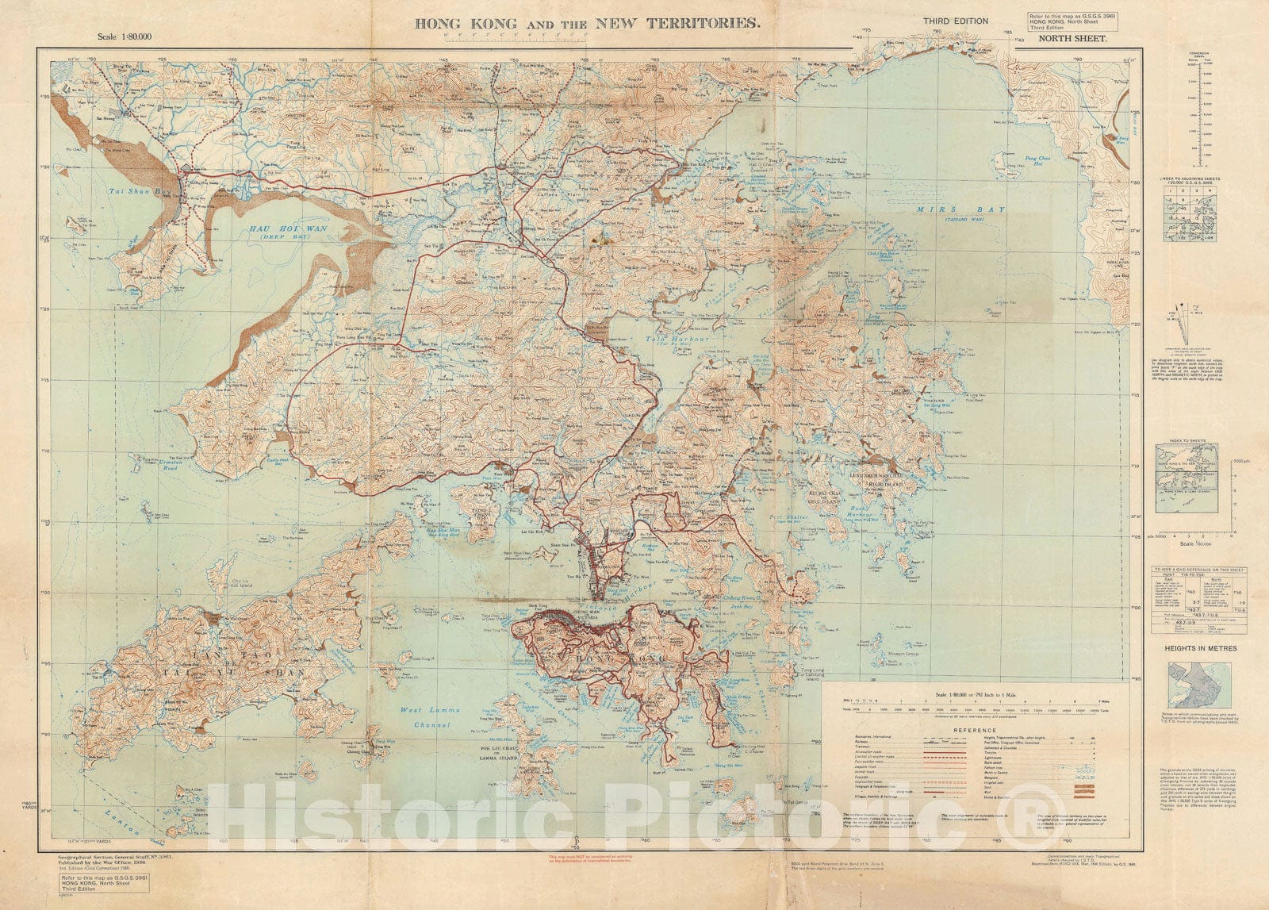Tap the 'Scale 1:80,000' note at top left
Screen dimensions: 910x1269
click(123, 36)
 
